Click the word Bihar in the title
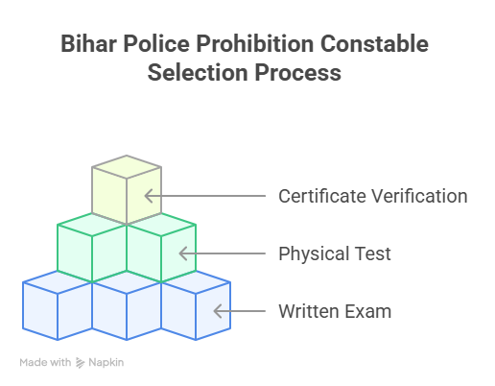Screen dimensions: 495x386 pyautogui.click(x=88, y=43)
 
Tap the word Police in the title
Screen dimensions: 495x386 pyautogui.click(x=156, y=43)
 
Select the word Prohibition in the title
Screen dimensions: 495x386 pyautogui.click(x=255, y=43)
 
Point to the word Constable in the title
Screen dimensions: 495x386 pyautogui.click(x=374, y=43)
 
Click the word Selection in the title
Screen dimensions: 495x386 pyautogui.click(x=199, y=72)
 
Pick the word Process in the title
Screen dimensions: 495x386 pyautogui.click(x=298, y=72)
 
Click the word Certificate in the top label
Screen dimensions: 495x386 pyautogui.click(x=322, y=196)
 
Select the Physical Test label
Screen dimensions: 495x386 pyautogui.click(x=335, y=253)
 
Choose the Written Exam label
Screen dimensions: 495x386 pyautogui.click(x=335, y=311)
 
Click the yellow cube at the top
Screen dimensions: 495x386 pyautogui.click(x=127, y=189)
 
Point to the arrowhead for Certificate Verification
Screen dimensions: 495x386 pyautogui.click(x=149, y=196)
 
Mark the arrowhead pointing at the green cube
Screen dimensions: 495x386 pyautogui.click(x=183, y=253)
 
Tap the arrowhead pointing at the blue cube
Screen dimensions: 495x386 pyautogui.click(x=218, y=311)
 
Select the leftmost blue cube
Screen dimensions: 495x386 pyautogui.click(x=58, y=305)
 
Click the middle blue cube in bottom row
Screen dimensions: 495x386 pyautogui.click(x=127, y=305)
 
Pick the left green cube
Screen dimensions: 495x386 pyautogui.click(x=92, y=248)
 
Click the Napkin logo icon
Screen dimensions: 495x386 pyautogui.click(x=80, y=363)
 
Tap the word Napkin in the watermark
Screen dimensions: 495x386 pyautogui.click(x=106, y=362)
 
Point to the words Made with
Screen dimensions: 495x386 pyautogui.click(x=45, y=362)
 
